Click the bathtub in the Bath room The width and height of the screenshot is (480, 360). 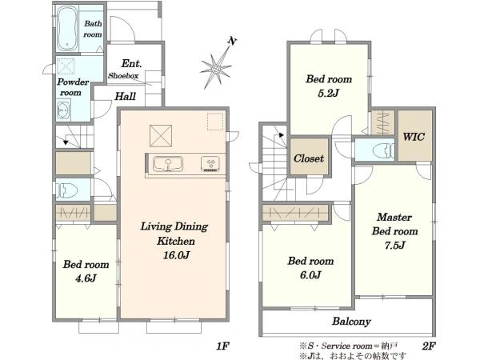tap(66, 28)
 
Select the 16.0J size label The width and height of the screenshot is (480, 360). tap(176, 255)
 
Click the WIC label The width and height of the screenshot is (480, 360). tap(414, 137)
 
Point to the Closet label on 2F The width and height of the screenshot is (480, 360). tap(309, 158)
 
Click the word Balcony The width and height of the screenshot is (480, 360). tap(351, 322)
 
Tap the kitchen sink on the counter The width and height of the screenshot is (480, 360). tap(168, 164)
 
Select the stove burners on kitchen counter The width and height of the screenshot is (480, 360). tap(210, 163)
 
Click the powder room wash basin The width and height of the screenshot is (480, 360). tap(64, 110)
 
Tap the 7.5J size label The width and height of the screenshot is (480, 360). tap(395, 246)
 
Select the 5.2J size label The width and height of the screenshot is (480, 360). tap(329, 93)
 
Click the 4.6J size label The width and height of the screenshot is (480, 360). tap(86, 278)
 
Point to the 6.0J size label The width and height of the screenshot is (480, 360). tap(310, 275)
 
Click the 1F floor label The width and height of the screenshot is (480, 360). tap(222, 346)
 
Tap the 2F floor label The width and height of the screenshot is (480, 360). tap(429, 346)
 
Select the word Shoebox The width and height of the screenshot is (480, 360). tap(123, 76)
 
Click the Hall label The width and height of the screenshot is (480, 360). tap(125, 97)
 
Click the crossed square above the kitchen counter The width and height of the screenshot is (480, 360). tap(161, 136)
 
